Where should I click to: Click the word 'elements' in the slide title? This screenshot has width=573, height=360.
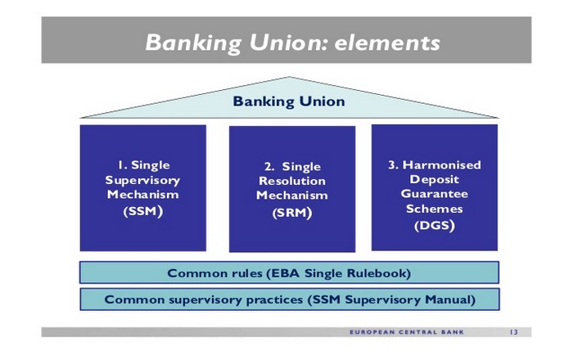click(x=387, y=43)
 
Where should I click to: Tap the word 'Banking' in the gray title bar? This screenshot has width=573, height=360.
click(x=193, y=43)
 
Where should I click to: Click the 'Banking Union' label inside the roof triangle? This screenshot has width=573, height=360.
click(x=289, y=101)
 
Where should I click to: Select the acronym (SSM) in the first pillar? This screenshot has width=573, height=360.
click(x=143, y=211)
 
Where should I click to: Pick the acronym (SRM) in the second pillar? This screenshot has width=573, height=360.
click(x=292, y=213)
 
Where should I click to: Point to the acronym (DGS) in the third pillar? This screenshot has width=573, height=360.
click(x=435, y=225)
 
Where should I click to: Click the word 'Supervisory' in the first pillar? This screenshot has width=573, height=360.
click(x=142, y=180)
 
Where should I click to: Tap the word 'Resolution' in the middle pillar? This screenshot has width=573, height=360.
click(x=292, y=181)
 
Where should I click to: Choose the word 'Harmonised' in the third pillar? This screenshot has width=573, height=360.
click(x=441, y=165)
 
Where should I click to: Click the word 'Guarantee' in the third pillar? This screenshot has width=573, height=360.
click(x=435, y=194)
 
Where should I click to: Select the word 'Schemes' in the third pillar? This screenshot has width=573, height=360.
click(x=435, y=209)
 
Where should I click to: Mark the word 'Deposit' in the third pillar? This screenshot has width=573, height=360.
click(x=435, y=180)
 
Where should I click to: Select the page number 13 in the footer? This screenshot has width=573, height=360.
click(x=513, y=332)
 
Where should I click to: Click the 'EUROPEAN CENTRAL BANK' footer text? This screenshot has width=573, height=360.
click(x=407, y=332)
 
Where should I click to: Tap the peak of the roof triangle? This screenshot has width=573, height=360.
click(x=289, y=77)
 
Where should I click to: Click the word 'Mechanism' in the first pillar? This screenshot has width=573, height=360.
click(x=143, y=195)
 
